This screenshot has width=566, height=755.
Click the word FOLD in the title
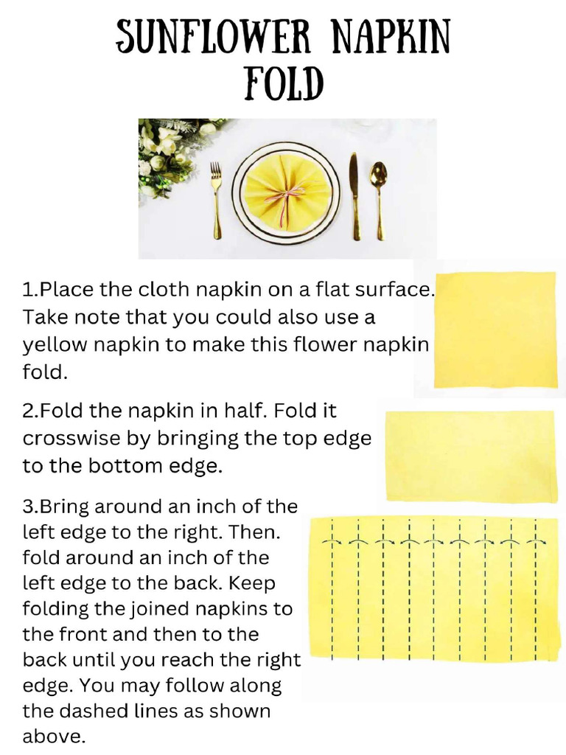tap(284, 83)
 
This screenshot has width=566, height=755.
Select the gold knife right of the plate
tap(354, 195)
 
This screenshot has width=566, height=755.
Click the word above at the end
tap(53, 737)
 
